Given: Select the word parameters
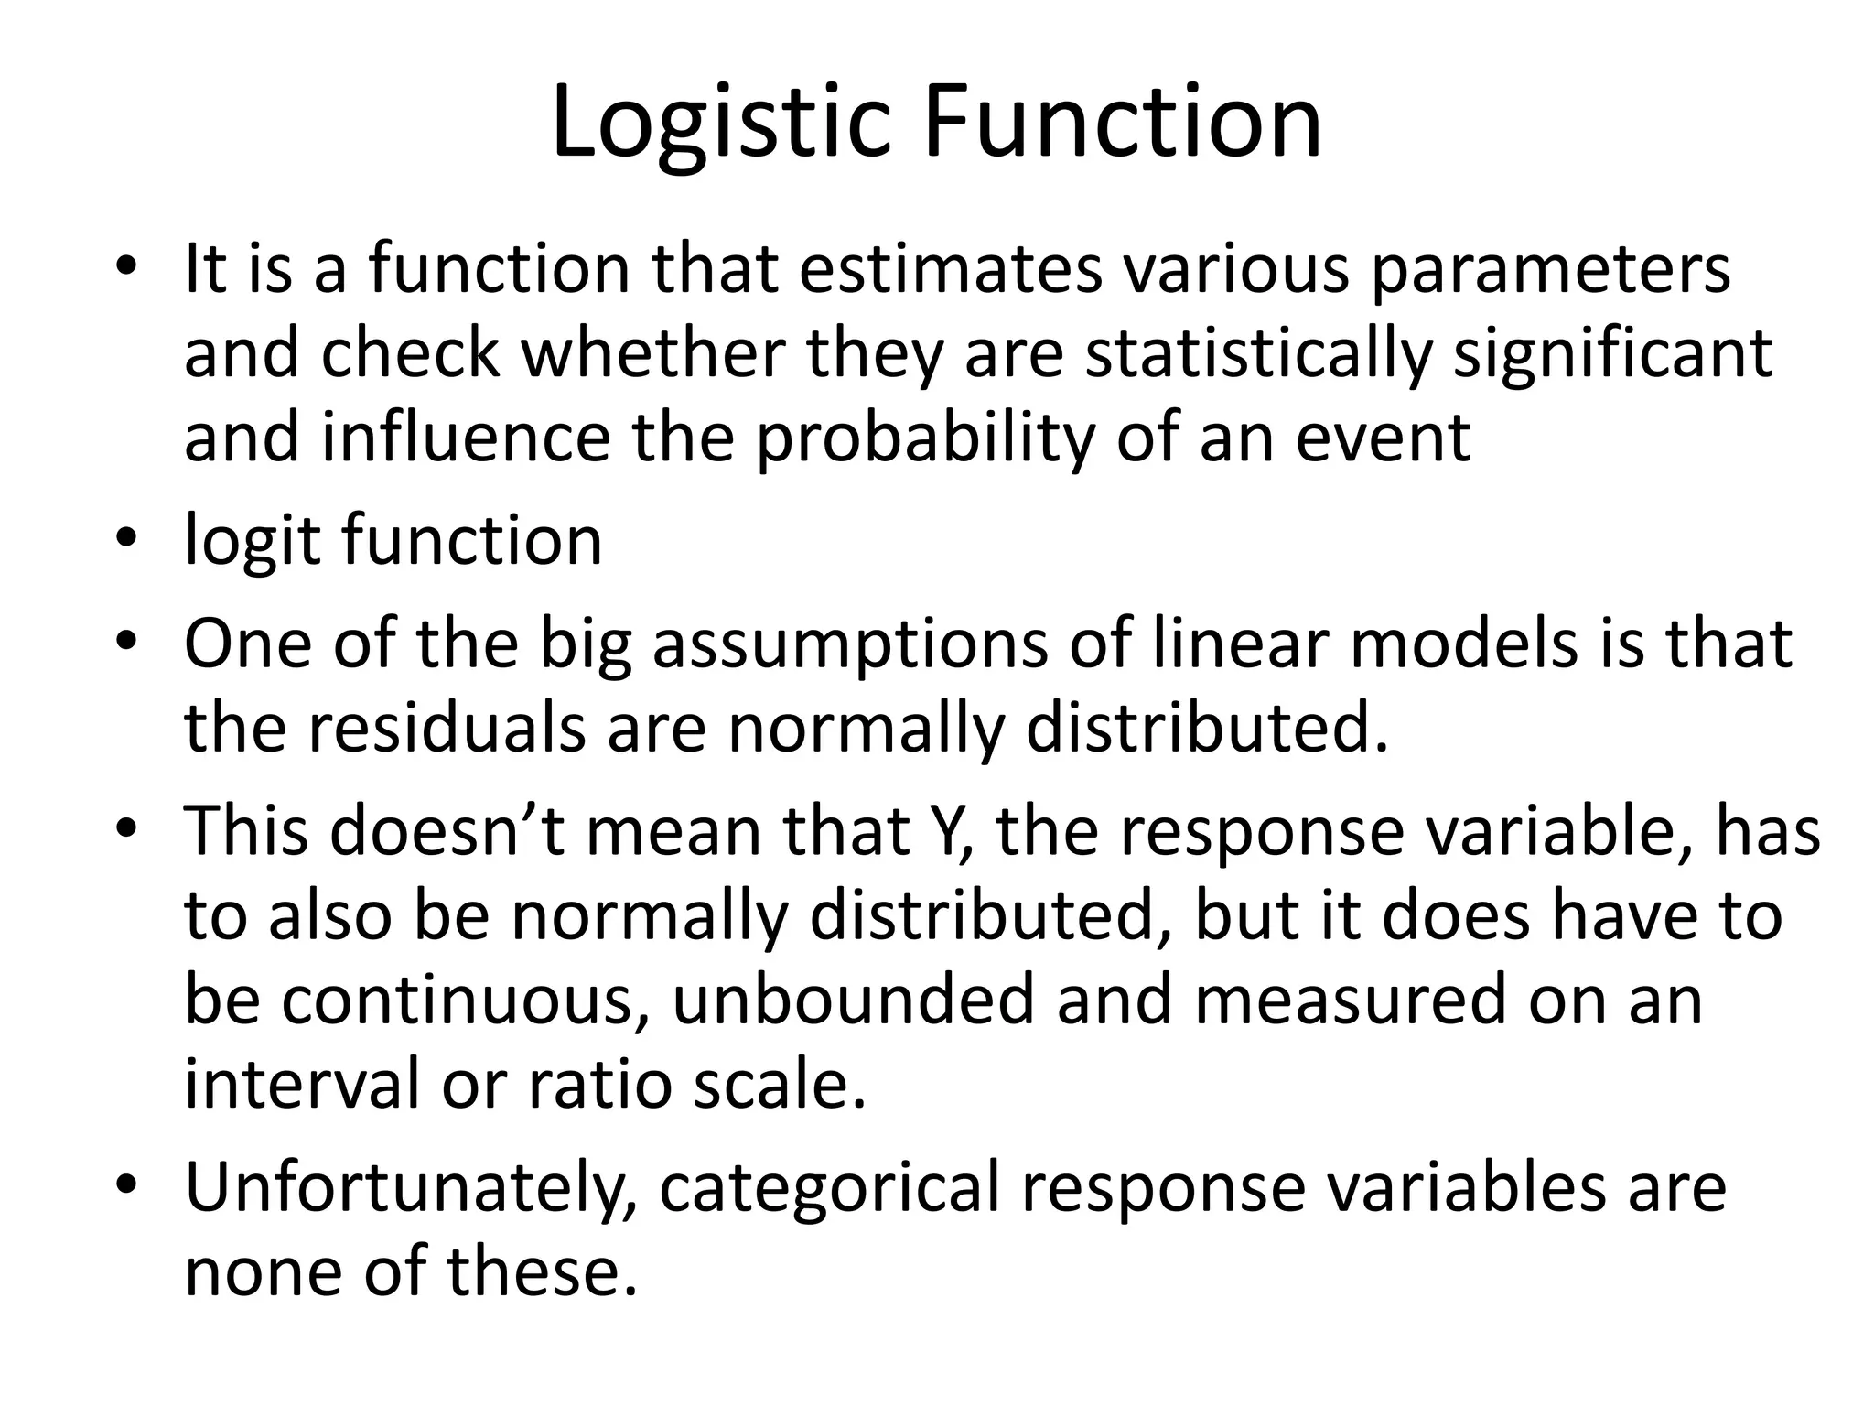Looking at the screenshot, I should (x=1550, y=272).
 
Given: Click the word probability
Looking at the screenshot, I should (x=924, y=439).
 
